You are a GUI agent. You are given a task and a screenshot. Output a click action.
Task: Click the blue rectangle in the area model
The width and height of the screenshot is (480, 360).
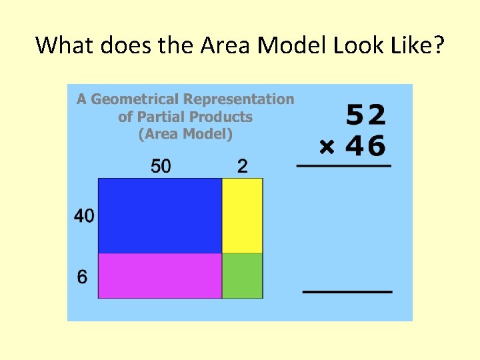point(160,215)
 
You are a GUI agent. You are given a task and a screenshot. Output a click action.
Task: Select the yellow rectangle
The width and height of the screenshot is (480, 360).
point(242,215)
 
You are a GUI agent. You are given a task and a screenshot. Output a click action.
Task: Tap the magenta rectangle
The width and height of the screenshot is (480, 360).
point(160,275)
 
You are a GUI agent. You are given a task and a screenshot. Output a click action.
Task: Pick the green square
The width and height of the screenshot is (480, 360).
point(242,275)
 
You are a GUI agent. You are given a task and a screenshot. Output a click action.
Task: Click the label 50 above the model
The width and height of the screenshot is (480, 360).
point(161,166)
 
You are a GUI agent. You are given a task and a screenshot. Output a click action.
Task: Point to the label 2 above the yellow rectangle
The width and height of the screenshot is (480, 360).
point(242,166)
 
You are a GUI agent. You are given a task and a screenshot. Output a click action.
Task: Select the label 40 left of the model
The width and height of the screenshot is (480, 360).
point(84,216)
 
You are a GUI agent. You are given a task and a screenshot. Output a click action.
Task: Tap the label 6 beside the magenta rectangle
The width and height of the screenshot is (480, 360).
point(82,277)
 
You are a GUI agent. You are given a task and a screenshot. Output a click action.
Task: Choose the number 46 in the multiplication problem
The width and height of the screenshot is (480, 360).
point(366,146)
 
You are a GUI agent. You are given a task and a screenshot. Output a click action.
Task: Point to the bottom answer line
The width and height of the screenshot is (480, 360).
point(347,292)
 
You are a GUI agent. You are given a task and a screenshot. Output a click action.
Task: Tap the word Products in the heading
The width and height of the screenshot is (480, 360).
point(221,117)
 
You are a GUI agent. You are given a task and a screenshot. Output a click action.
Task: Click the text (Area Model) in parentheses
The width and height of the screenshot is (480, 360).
point(185,134)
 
